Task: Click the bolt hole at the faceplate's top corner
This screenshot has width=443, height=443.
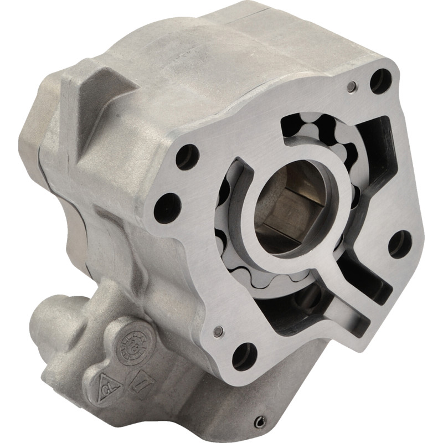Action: (380, 81)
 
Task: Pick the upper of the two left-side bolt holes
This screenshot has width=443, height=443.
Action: (187, 157)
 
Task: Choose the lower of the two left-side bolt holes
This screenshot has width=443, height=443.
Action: (167, 208)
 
